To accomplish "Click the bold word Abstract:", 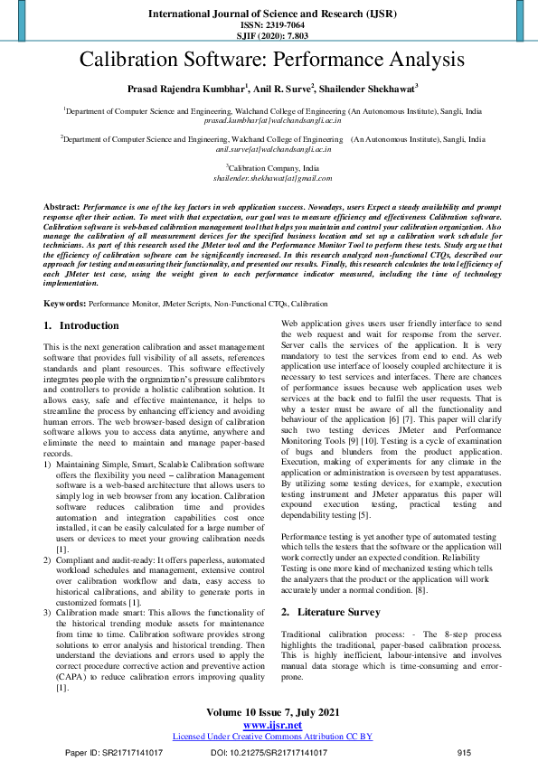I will tap(61, 208).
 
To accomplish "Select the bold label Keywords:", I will tap(65, 305).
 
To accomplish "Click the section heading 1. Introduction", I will tap(81, 325).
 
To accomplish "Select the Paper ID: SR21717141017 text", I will tap(114, 752).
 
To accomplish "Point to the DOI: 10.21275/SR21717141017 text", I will tap(269, 752).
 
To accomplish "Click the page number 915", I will tap(465, 752).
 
